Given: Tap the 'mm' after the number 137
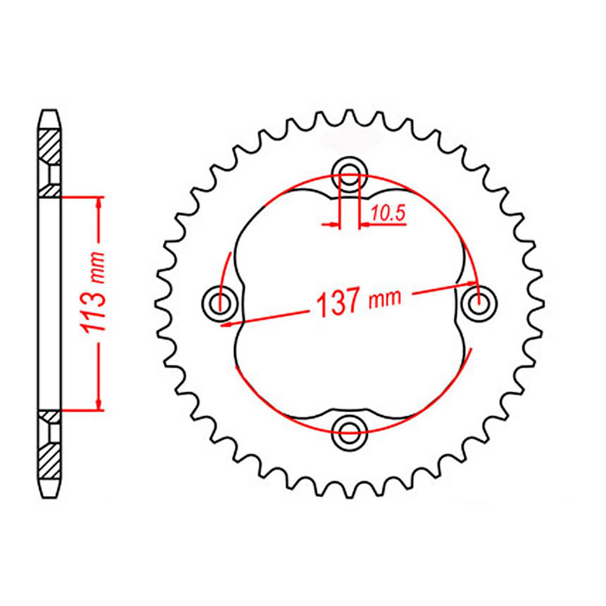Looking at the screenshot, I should click(384, 298).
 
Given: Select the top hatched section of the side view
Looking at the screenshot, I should click(50, 146).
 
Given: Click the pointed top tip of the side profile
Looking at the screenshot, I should click(50, 111).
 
